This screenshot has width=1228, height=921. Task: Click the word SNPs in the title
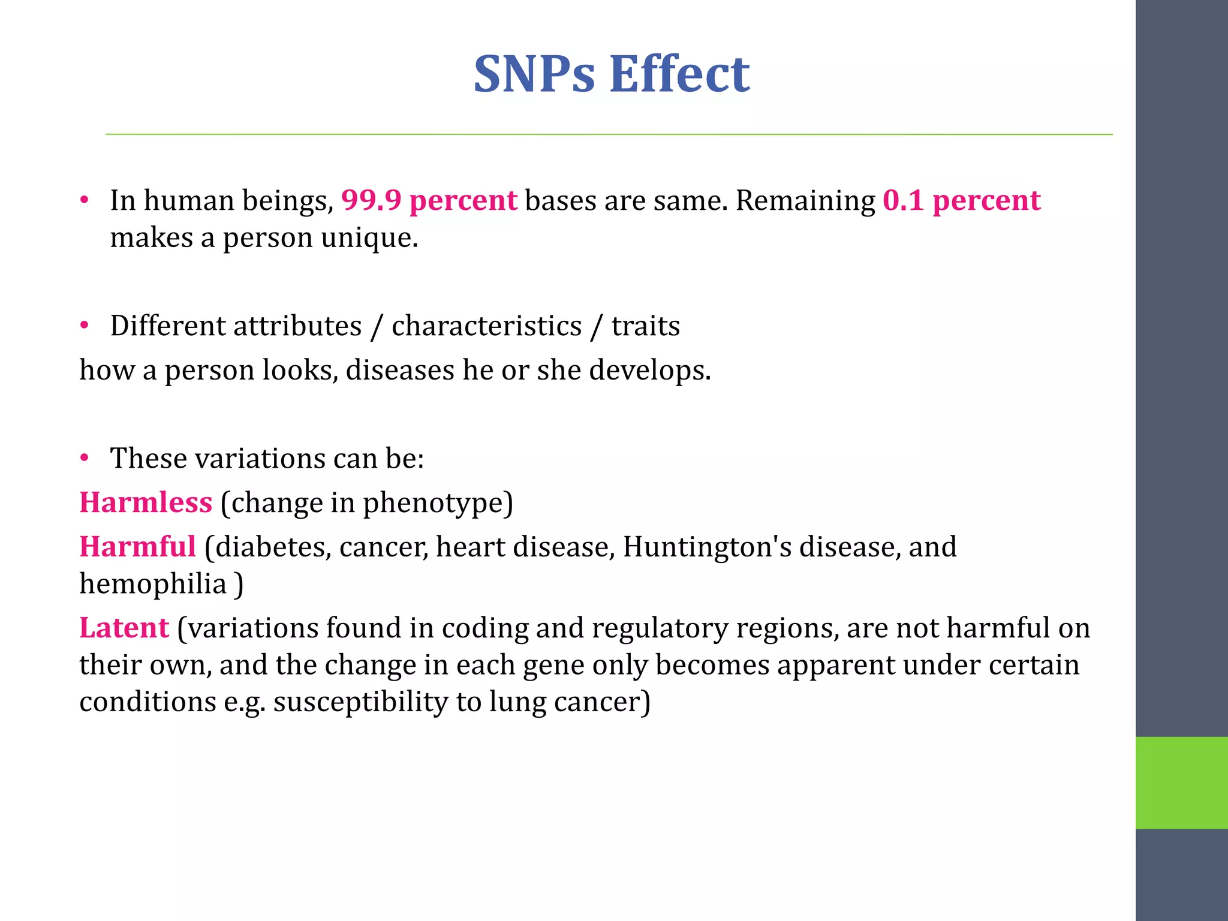tap(534, 74)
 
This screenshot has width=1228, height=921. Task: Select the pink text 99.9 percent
tap(429, 200)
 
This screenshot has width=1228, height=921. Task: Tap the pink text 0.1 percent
tap(961, 200)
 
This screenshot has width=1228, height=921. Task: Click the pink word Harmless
tap(146, 502)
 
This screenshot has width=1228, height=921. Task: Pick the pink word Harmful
tap(138, 547)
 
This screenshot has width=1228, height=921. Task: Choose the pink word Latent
tap(124, 628)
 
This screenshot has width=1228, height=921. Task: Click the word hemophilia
tap(152, 584)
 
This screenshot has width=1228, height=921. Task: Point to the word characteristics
tap(486, 326)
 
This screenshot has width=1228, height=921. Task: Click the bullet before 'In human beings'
tap(85, 200)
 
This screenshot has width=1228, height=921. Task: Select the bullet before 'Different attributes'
tap(85, 326)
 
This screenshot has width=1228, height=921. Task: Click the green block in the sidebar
tap(1181, 782)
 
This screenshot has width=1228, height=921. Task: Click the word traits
tap(645, 326)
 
